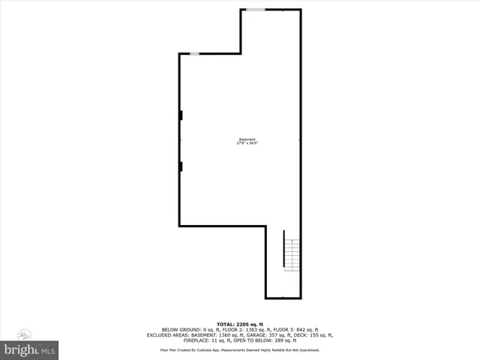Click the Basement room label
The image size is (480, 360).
click(x=247, y=139)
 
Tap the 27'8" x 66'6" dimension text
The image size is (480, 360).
click(x=247, y=144)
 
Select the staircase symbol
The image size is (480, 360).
click(x=291, y=254)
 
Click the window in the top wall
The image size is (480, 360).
click(x=256, y=10)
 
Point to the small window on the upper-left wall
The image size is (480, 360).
click(x=193, y=53)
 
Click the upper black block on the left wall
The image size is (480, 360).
click(x=181, y=115)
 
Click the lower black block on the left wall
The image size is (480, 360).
click(x=181, y=166)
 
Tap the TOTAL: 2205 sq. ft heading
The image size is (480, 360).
click(x=239, y=323)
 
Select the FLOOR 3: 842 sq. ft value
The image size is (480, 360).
click(x=295, y=329)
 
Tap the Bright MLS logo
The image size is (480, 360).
click(x=30, y=349)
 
